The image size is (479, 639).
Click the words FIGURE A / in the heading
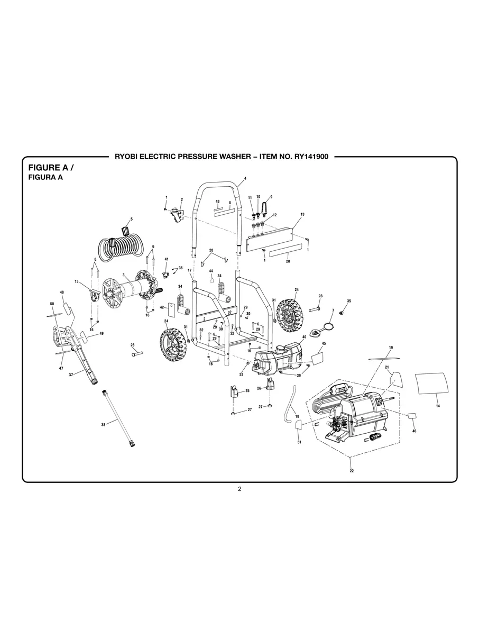50,167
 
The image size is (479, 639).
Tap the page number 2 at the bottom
240,489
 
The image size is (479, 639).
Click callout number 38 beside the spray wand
103,424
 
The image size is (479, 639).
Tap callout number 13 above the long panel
302,214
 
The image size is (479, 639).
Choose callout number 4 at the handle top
245,178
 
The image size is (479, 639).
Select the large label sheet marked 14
431,382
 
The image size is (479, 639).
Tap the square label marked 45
318,358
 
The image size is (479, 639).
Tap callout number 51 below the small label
299,442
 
